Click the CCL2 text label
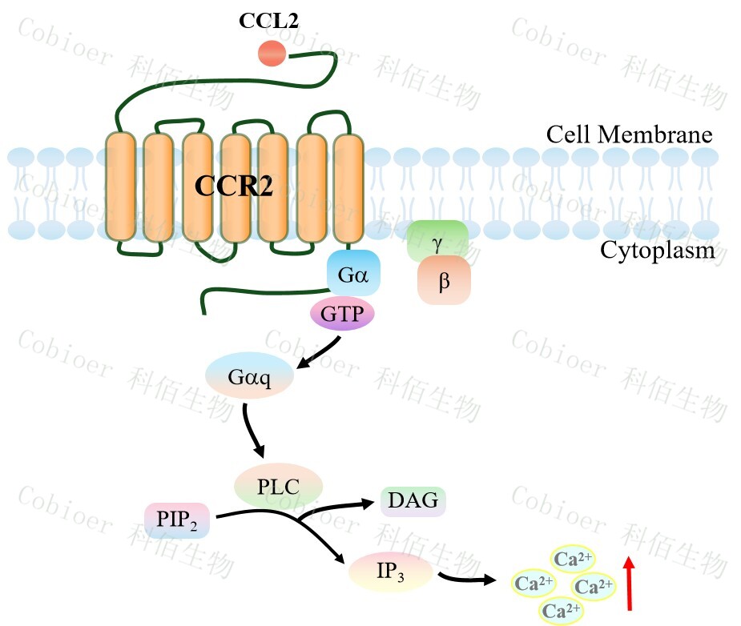(x=268, y=21)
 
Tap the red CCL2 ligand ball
(x=272, y=54)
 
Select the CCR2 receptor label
(x=235, y=186)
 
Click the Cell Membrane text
(x=629, y=134)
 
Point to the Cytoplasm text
(x=657, y=251)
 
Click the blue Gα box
(x=352, y=275)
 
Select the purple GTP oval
(x=342, y=314)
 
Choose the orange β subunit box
(x=443, y=281)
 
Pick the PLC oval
(x=278, y=486)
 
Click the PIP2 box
(x=177, y=520)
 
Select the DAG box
(x=413, y=501)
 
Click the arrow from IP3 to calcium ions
(x=469, y=576)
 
